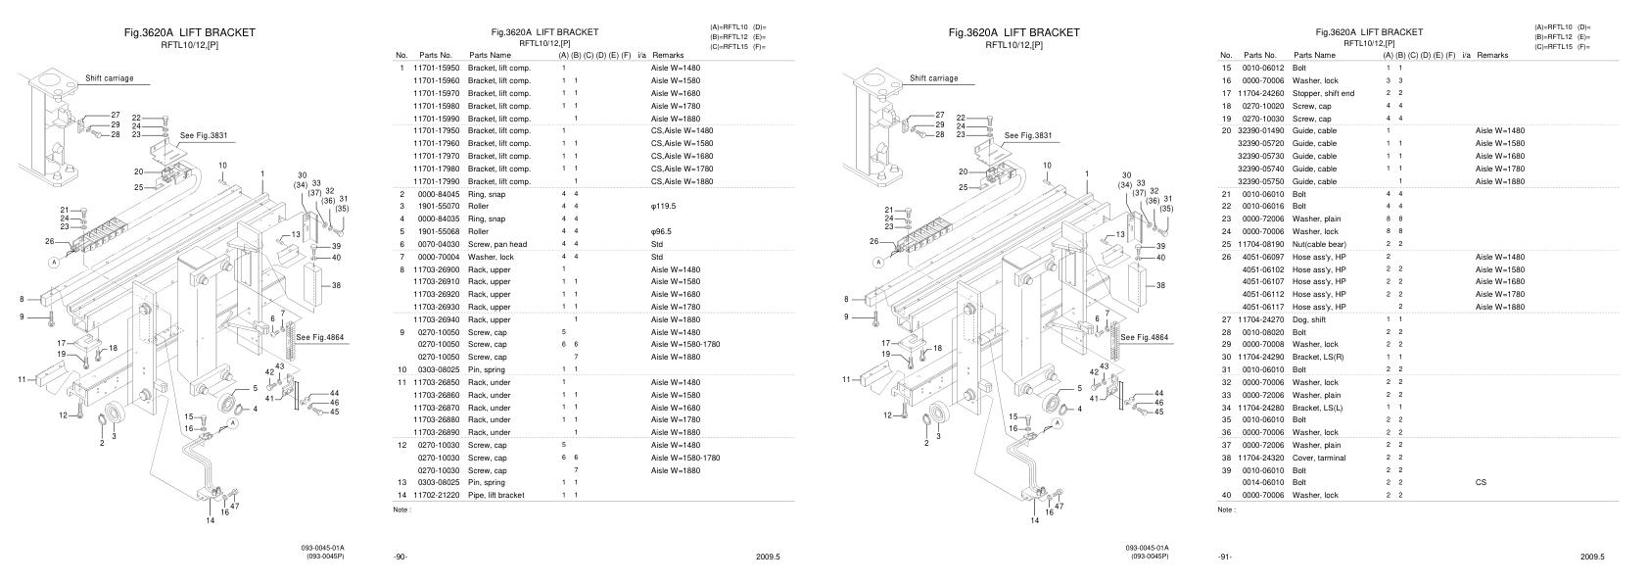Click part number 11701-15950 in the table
(436, 68)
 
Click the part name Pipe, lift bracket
(495, 495)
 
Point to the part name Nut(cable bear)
(1319, 244)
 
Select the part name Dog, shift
(1310, 319)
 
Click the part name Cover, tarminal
(1319, 458)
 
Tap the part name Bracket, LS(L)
(1318, 408)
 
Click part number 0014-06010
(1262, 482)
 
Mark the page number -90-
(400, 557)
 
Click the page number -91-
(1224, 557)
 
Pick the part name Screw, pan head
(497, 244)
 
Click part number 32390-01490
(1260, 130)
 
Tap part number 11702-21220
(436, 495)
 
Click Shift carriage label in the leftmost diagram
(109, 78)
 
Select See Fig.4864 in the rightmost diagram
(1144, 337)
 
